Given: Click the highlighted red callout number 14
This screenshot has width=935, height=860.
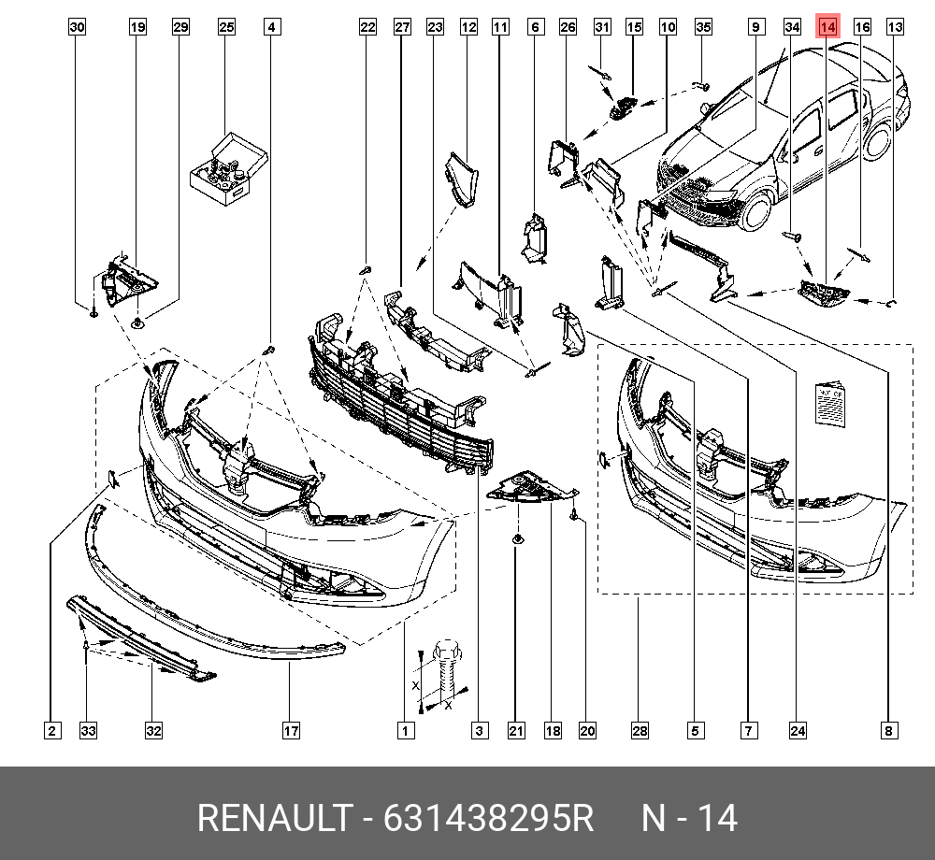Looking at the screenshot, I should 827,27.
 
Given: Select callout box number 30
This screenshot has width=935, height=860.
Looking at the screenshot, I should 78,27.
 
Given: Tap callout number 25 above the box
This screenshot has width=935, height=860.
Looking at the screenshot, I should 226,27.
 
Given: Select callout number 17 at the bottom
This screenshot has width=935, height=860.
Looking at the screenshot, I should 291,730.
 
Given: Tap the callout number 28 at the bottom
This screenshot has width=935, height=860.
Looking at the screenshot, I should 640,730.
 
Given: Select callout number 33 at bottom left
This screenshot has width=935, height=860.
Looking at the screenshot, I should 88,730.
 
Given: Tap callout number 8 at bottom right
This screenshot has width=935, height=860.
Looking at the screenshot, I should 888,730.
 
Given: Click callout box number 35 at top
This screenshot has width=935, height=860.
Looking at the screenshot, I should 704,27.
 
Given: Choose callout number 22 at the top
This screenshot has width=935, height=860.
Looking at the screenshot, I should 368,27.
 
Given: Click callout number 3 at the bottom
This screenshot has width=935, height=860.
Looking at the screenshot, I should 480,730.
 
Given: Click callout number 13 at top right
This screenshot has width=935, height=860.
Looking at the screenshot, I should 895,27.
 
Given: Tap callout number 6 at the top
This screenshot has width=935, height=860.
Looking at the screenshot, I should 535,27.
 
